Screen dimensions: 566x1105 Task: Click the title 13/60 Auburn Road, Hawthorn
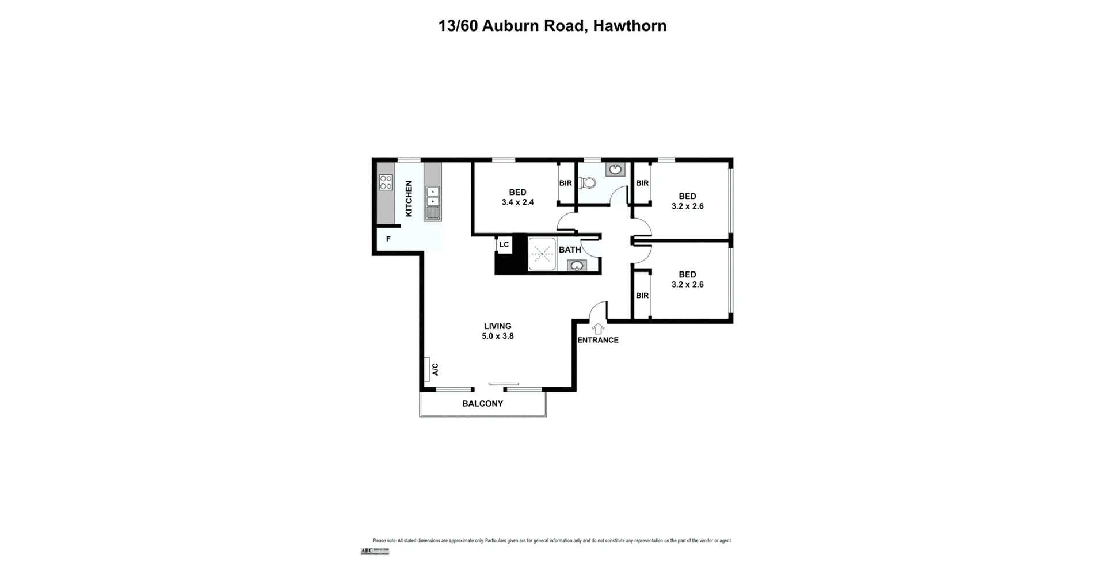[552, 26]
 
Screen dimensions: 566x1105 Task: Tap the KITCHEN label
[409, 198]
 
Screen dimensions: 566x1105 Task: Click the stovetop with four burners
[386, 182]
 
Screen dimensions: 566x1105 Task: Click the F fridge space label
[388, 239]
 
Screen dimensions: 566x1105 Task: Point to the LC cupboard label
[504, 244]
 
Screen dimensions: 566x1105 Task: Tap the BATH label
[570, 250]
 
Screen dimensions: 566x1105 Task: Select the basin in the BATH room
[577, 266]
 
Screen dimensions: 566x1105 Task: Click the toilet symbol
[587, 183]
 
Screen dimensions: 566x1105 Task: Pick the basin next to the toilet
[615, 169]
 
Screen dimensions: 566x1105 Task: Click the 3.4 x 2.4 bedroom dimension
[517, 202]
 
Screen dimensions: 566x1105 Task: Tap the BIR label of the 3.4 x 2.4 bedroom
[566, 183]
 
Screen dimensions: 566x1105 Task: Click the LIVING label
[497, 326]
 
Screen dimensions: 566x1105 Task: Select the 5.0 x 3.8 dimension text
[497, 336]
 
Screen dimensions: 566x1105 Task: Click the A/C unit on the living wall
[428, 369]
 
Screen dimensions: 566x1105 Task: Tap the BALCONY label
[482, 404]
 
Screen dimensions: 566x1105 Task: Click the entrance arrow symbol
[598, 328]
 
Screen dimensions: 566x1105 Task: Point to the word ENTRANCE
[598, 340]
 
